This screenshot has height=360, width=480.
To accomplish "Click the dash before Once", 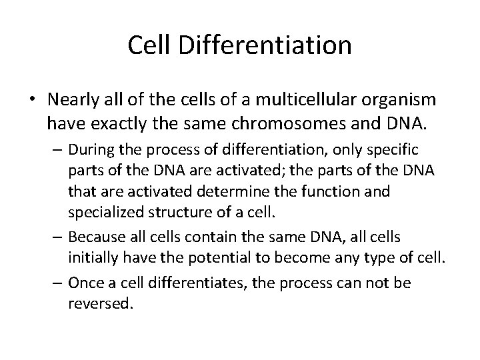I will [x=58, y=283].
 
